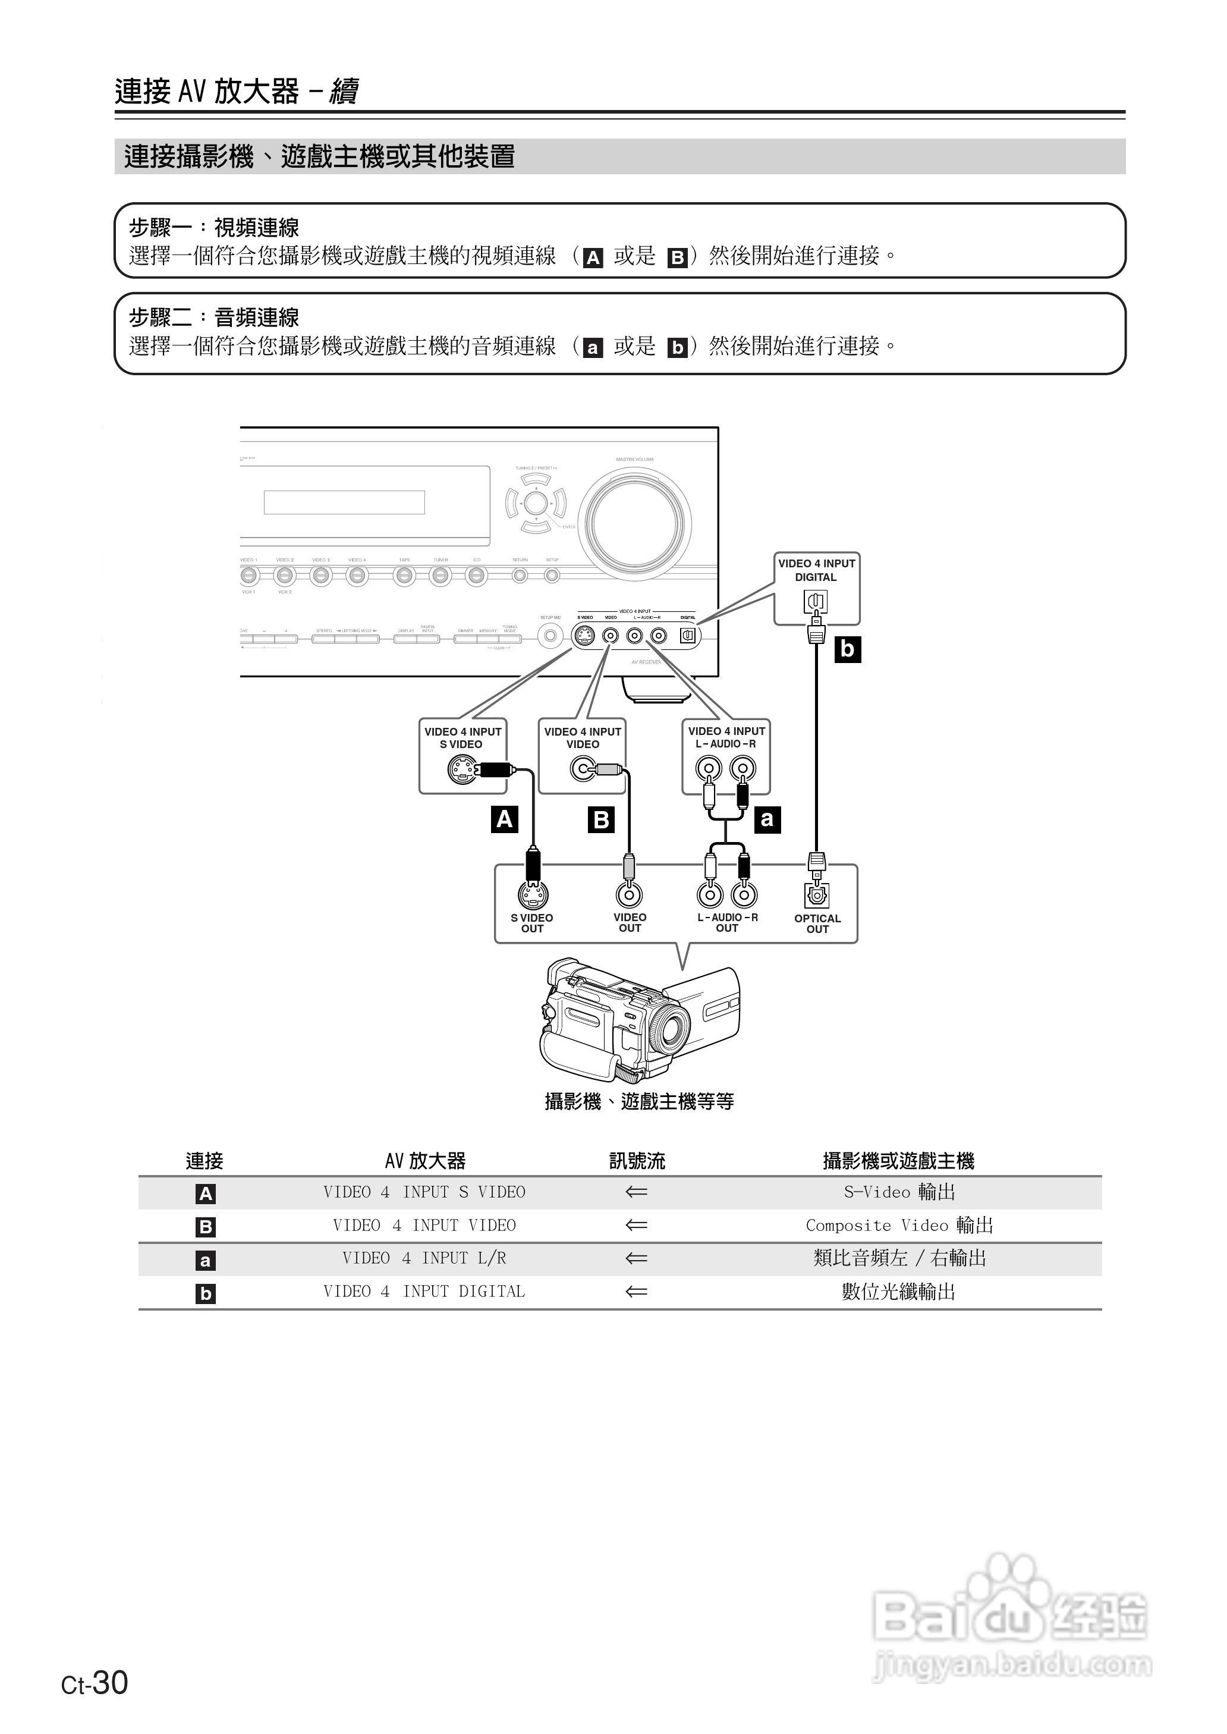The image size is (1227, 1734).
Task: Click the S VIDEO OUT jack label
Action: [532, 923]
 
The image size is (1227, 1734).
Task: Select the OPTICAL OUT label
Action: [817, 924]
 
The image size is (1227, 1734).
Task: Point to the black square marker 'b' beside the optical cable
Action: [848, 649]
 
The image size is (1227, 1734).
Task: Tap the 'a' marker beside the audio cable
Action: [767, 819]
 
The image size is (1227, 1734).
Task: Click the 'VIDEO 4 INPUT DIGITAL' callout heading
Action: [817, 570]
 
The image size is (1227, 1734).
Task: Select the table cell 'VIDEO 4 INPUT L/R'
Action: [424, 1258]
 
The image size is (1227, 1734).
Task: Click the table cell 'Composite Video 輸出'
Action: [899, 1226]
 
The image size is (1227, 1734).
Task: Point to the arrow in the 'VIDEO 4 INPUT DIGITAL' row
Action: [637, 1291]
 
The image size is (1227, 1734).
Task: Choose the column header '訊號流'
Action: [637, 1161]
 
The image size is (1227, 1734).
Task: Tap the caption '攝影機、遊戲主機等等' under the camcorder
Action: [639, 1102]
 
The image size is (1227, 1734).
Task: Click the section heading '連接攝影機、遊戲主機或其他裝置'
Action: [320, 156]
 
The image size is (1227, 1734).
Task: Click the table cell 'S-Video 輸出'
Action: [899, 1192]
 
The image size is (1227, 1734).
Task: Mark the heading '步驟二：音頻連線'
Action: [214, 318]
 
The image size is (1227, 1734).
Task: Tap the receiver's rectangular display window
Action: [345, 502]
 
